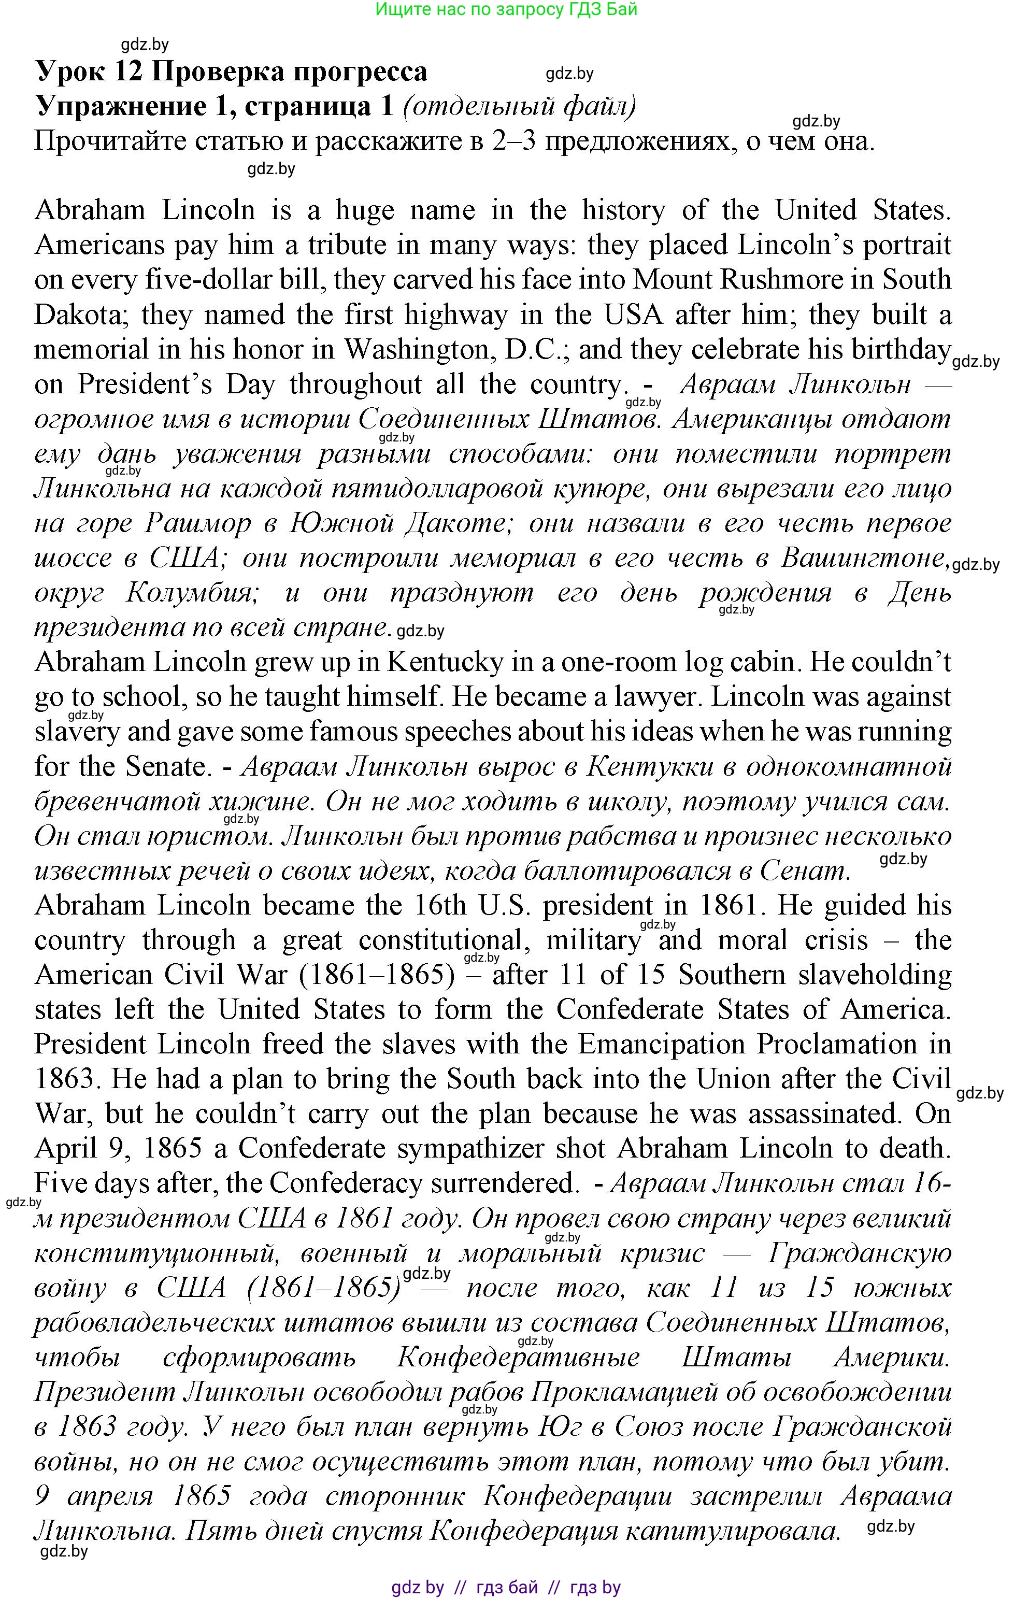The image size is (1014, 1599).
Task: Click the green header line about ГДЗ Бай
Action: point(506,9)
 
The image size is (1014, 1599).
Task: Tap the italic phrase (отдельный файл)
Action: point(519,106)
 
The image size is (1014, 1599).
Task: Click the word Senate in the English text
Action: point(166,766)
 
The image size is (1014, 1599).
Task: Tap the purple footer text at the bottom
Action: point(506,1587)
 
